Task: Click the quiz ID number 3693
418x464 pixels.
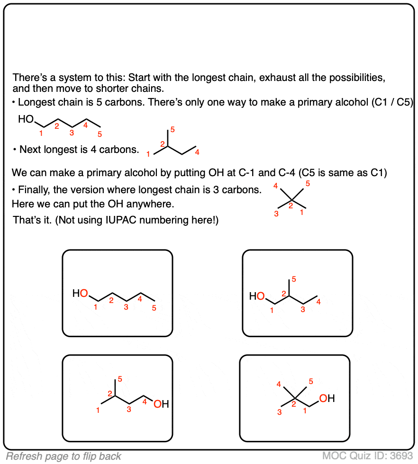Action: [401, 456]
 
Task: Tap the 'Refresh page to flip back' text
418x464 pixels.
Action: [64, 456]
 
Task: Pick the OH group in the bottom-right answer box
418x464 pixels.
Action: [327, 399]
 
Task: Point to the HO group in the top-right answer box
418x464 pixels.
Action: [257, 297]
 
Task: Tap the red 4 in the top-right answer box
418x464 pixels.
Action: [319, 302]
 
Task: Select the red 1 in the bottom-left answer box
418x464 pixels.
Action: [98, 410]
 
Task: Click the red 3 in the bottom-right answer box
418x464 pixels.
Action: [280, 412]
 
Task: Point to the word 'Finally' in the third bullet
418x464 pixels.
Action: [33, 190]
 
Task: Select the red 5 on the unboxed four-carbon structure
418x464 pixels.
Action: [173, 129]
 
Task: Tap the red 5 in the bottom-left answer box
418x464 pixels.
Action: [120, 379]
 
